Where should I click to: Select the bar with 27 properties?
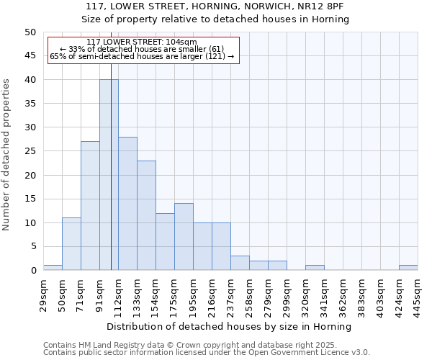[x=90, y=206]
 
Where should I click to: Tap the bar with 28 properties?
[x=127, y=204]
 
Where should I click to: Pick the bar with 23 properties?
[x=146, y=215]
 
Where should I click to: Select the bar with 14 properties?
[x=184, y=237]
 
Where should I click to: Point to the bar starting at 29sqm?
[x=53, y=268]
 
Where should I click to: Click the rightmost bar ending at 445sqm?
[x=408, y=268]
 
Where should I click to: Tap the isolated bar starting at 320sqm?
[x=315, y=268]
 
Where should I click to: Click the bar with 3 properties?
[x=240, y=263]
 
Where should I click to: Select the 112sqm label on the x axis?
[x=118, y=292]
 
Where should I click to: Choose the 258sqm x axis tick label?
[x=249, y=292]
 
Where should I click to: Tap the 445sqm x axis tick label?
[x=418, y=292]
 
